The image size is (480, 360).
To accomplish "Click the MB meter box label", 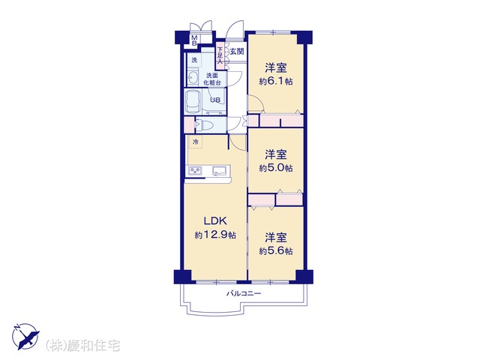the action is click(194, 40).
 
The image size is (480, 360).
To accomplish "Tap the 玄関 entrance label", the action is click(237, 52).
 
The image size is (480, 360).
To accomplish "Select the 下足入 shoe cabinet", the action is click(220, 55).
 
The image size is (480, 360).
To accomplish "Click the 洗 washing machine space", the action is click(194, 60).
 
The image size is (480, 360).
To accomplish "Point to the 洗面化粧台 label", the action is click(212, 79).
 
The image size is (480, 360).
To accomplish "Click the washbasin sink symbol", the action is click(193, 78).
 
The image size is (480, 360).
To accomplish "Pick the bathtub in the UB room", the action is click(193, 101).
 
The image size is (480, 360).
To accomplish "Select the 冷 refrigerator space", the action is click(195, 142).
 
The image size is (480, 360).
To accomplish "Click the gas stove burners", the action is click(195, 171).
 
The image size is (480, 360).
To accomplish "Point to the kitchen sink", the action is click(220, 170).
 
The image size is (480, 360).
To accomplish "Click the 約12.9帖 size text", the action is click(215, 235).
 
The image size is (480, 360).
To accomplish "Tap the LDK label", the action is click(215, 220).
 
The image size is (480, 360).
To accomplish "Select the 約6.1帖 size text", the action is click(276, 82).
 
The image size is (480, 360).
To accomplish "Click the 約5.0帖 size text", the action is click(276, 168).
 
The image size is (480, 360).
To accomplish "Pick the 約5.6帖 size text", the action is click(276, 251).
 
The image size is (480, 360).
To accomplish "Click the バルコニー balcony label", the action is click(244, 293).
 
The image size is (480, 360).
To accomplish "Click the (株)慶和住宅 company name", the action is click(82, 346).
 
